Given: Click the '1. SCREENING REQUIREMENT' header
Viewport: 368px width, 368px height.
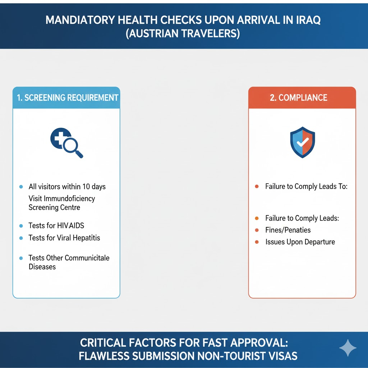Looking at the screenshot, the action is pos(68,98).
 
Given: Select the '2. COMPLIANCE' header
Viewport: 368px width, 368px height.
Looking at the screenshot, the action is pos(299,98).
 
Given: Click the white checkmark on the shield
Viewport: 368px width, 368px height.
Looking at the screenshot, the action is pos(303,142).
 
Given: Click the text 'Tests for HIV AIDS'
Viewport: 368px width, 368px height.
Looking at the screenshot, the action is pos(56,226).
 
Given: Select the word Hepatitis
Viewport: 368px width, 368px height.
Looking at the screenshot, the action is pos(86,238).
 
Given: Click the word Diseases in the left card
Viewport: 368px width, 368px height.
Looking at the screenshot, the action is pos(42,267).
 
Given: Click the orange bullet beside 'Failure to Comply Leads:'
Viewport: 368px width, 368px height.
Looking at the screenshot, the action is pos(257,218).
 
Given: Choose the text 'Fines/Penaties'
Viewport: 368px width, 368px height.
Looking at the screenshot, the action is pos(288,230).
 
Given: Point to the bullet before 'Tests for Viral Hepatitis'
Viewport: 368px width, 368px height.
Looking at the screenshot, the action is pos(21,238).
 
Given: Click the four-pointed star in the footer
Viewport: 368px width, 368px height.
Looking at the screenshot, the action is pos(348,348).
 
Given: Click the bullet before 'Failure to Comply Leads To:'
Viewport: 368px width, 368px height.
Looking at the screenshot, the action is pos(257,187).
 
